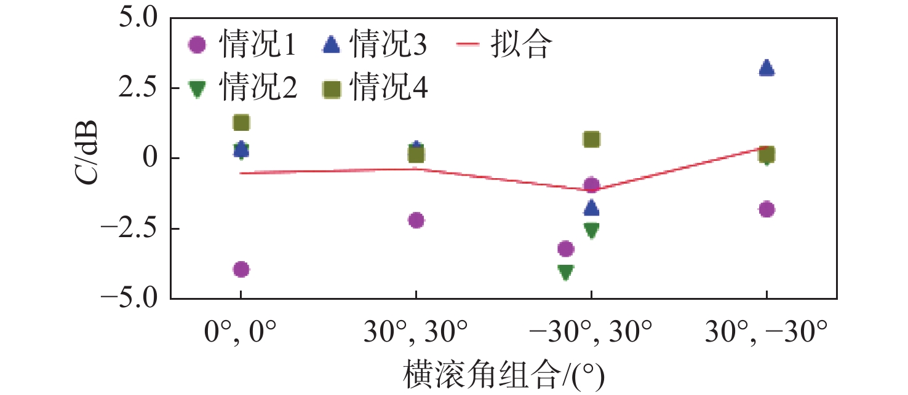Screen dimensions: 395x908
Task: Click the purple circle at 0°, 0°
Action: point(241,269)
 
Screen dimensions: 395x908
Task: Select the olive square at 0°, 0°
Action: point(241,123)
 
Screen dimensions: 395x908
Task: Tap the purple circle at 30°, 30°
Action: point(416,220)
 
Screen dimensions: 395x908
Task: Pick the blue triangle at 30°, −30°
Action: point(767,68)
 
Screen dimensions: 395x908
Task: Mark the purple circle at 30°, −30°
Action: point(767,209)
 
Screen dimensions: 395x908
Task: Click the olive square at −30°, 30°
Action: point(591,139)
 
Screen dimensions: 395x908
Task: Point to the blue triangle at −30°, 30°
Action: point(591,208)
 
